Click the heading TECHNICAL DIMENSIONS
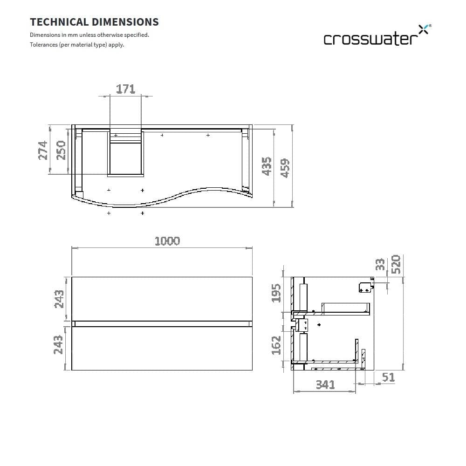(x=94, y=22)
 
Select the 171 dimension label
(x=125, y=89)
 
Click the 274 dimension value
(x=43, y=150)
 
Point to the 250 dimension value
(x=61, y=150)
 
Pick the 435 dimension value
(x=267, y=166)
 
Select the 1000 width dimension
(x=167, y=241)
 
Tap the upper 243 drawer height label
(x=59, y=299)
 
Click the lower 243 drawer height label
(x=59, y=345)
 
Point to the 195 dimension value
(x=277, y=293)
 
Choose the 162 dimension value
(x=277, y=345)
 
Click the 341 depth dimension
(x=325, y=385)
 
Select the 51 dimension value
(x=388, y=377)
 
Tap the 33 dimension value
(x=380, y=265)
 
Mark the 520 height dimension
(x=396, y=264)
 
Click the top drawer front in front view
(x=162, y=299)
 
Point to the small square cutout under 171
(x=126, y=159)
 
